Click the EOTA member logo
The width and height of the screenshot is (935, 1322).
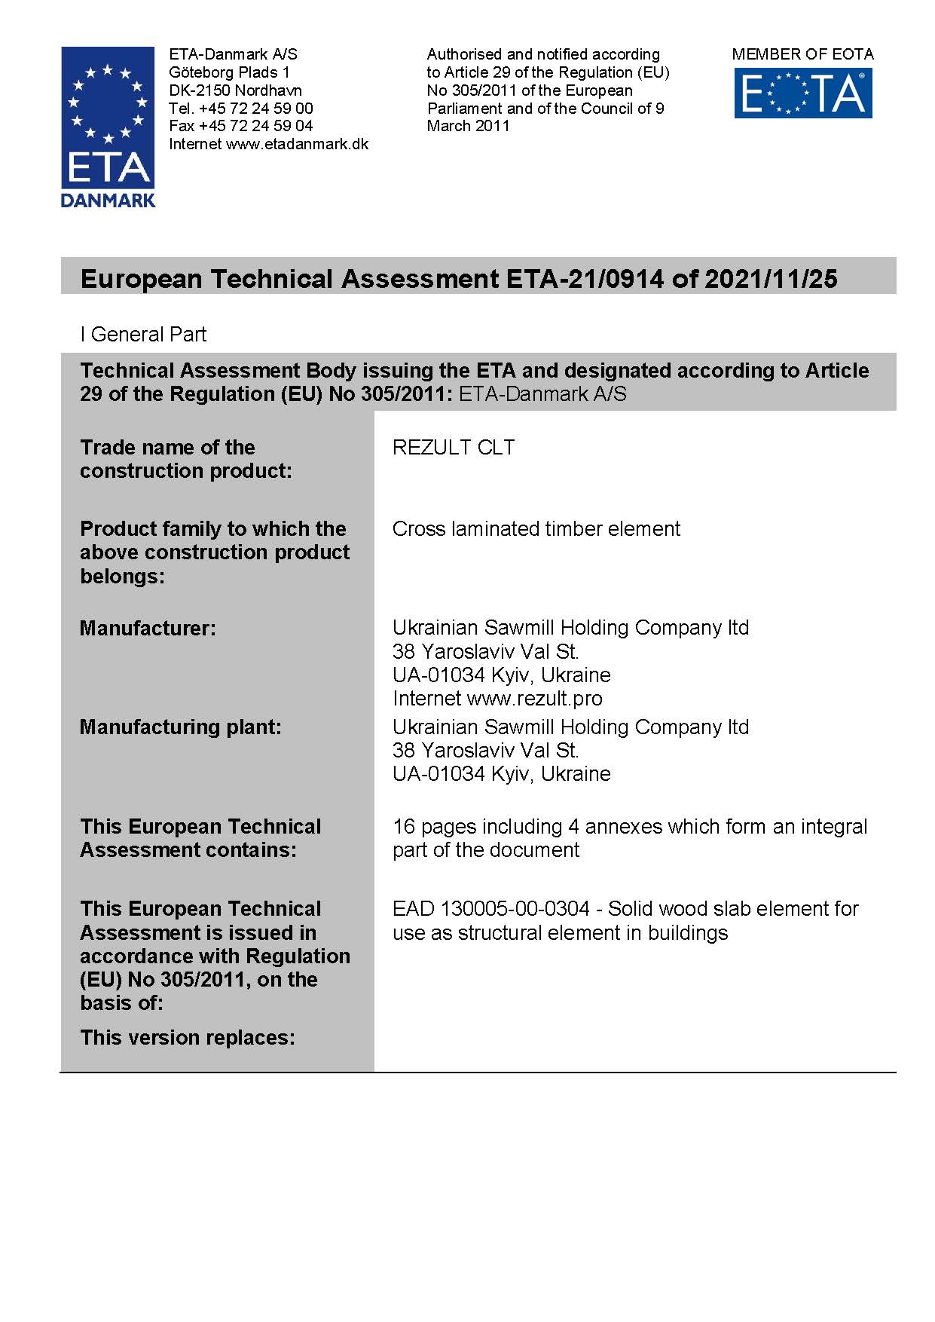tap(803, 93)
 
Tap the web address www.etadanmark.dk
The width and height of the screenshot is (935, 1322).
tap(297, 144)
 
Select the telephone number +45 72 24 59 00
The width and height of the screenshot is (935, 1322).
tap(256, 109)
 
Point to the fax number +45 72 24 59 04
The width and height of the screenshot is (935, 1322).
tap(256, 126)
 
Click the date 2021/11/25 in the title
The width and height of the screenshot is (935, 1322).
tap(771, 279)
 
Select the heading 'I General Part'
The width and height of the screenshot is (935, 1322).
tap(143, 335)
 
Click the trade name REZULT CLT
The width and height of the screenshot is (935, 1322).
tap(454, 448)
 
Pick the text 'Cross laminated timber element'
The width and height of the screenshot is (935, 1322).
tap(536, 529)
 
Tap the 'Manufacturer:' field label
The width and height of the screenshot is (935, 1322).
tap(148, 629)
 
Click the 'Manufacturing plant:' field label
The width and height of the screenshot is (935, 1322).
tap(180, 727)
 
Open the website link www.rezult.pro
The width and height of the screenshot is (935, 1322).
tap(534, 699)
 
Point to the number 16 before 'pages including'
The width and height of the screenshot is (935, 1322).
tap(404, 827)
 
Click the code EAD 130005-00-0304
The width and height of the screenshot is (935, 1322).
tap(490, 909)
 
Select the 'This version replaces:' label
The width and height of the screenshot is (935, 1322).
tap(188, 1038)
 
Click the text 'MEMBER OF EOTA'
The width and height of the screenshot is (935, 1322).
tap(802, 54)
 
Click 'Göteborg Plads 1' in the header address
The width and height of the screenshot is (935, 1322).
tap(229, 72)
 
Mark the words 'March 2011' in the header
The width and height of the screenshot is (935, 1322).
tap(468, 126)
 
